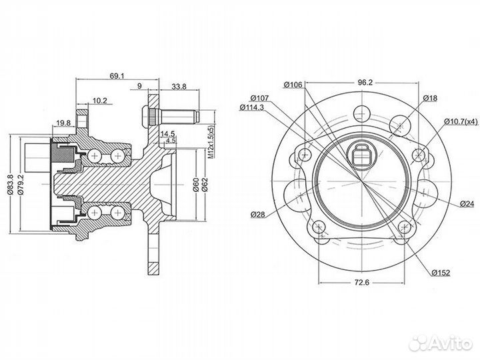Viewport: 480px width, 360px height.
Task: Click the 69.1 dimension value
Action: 117,75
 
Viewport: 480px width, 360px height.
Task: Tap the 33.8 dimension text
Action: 179,86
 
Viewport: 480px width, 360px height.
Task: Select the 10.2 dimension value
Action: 99,101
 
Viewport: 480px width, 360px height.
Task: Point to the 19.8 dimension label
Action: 63,123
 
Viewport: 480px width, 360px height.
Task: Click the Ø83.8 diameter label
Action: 10,184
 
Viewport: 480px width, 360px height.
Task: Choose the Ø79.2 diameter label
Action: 21,184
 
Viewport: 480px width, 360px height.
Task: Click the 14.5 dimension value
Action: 167,133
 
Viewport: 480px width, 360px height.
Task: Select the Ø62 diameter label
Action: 205,185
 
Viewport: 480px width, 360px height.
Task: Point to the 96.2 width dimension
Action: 365,83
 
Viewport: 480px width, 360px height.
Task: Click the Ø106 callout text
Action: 293,85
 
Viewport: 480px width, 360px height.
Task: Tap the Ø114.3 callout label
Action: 251,107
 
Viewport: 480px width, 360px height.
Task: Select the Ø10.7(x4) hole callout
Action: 461,121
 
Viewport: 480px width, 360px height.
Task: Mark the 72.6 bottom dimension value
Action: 362,282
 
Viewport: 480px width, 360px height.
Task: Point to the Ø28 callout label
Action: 257,214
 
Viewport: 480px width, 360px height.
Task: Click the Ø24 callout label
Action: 467,203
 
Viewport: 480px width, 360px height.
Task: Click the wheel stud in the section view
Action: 171,117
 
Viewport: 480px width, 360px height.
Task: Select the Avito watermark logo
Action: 440,343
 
